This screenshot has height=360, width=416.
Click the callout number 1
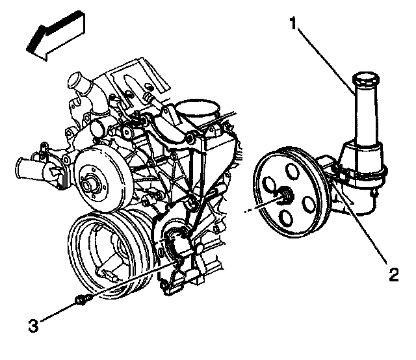294,25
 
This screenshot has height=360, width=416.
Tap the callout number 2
393,275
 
